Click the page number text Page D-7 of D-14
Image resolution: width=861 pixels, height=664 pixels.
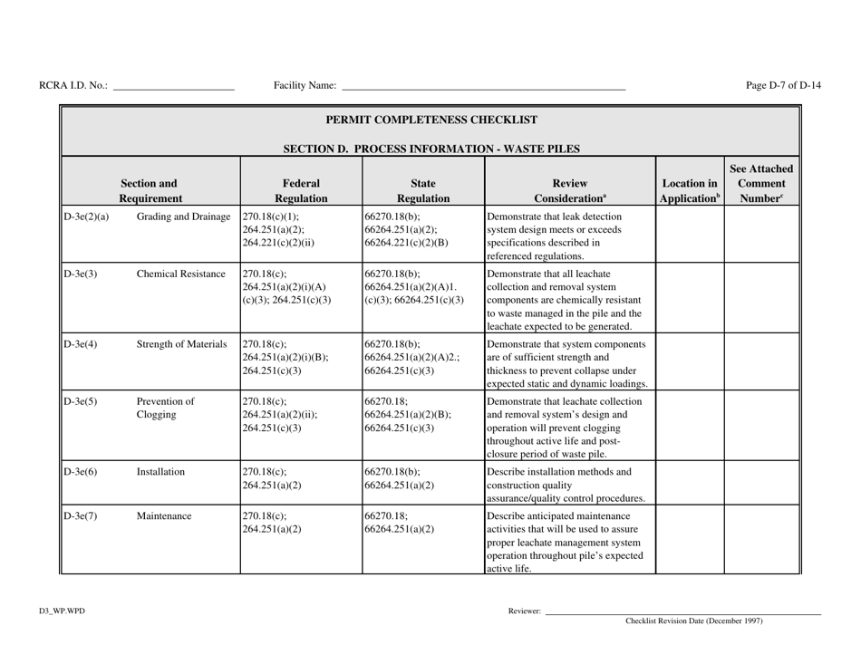point(784,86)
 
